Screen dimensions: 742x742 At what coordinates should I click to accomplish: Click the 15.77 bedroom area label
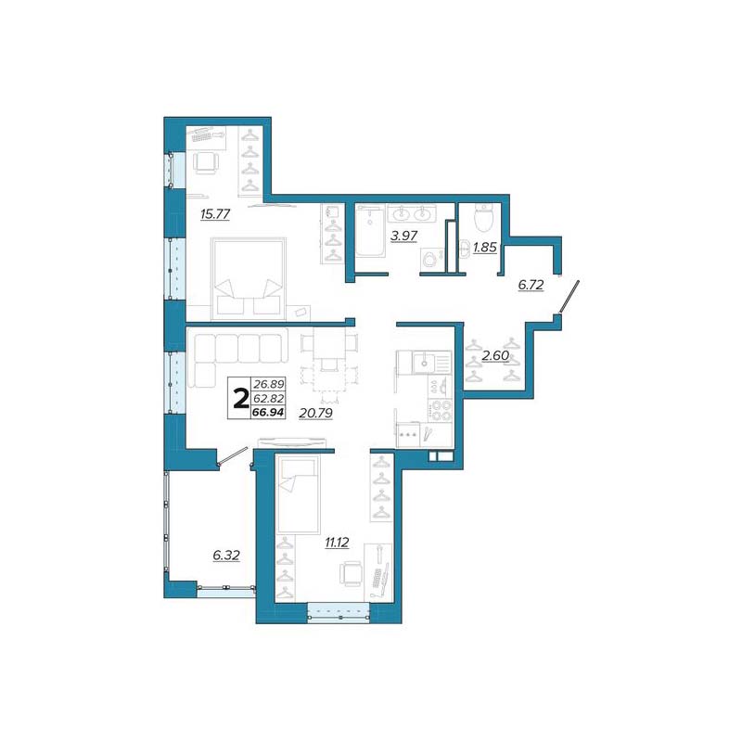[x=215, y=214]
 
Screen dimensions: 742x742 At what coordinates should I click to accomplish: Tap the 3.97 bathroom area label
[x=403, y=236]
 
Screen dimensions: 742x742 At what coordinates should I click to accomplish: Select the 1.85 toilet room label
[x=485, y=247]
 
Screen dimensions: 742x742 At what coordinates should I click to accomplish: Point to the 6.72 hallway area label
[x=531, y=285]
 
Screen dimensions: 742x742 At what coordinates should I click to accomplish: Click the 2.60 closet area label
[x=495, y=355]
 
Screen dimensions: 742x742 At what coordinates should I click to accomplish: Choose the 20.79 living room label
[x=315, y=413]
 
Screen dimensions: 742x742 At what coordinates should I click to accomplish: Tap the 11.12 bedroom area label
[x=337, y=543]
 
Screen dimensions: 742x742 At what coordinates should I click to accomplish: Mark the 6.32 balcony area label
[x=226, y=555]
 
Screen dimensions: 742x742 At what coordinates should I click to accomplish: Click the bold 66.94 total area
[x=268, y=413]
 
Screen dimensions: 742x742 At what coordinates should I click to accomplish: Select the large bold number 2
[x=241, y=399]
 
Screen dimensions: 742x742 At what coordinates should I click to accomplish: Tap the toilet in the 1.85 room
[x=483, y=217]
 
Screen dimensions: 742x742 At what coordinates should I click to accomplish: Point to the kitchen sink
[x=424, y=364]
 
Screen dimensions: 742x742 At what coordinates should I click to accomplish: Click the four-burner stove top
[x=441, y=410]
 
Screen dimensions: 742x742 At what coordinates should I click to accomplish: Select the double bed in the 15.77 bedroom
[x=249, y=276]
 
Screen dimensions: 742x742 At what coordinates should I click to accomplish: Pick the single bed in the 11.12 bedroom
[x=298, y=494]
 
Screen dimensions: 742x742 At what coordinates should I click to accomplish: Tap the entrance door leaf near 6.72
[x=569, y=297]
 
